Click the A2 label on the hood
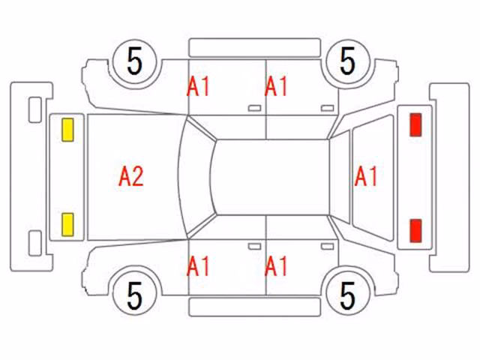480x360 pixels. [x=131, y=177]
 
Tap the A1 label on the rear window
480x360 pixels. [x=366, y=177]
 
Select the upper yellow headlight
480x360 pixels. [x=67, y=130]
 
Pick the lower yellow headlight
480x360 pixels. [x=67, y=225]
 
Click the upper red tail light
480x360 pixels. [x=415, y=124]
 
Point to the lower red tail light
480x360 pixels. [x=415, y=230]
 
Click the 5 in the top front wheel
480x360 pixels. [x=135, y=61]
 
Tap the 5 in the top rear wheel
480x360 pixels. [x=347, y=61]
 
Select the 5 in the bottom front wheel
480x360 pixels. [x=135, y=295]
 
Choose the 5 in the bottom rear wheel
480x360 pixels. [x=347, y=295]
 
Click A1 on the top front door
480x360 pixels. [x=198, y=87]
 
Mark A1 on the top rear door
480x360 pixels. [x=276, y=87]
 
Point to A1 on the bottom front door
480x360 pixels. [x=198, y=266]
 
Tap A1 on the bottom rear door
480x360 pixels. [x=276, y=266]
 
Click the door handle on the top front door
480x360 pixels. [x=255, y=108]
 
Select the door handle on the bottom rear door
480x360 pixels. [x=328, y=247]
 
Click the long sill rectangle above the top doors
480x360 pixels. [x=255, y=48]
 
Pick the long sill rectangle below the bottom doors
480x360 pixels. [x=255, y=307]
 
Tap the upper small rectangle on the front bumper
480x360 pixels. [x=35, y=110]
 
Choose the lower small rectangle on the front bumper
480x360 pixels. [x=35, y=243]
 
